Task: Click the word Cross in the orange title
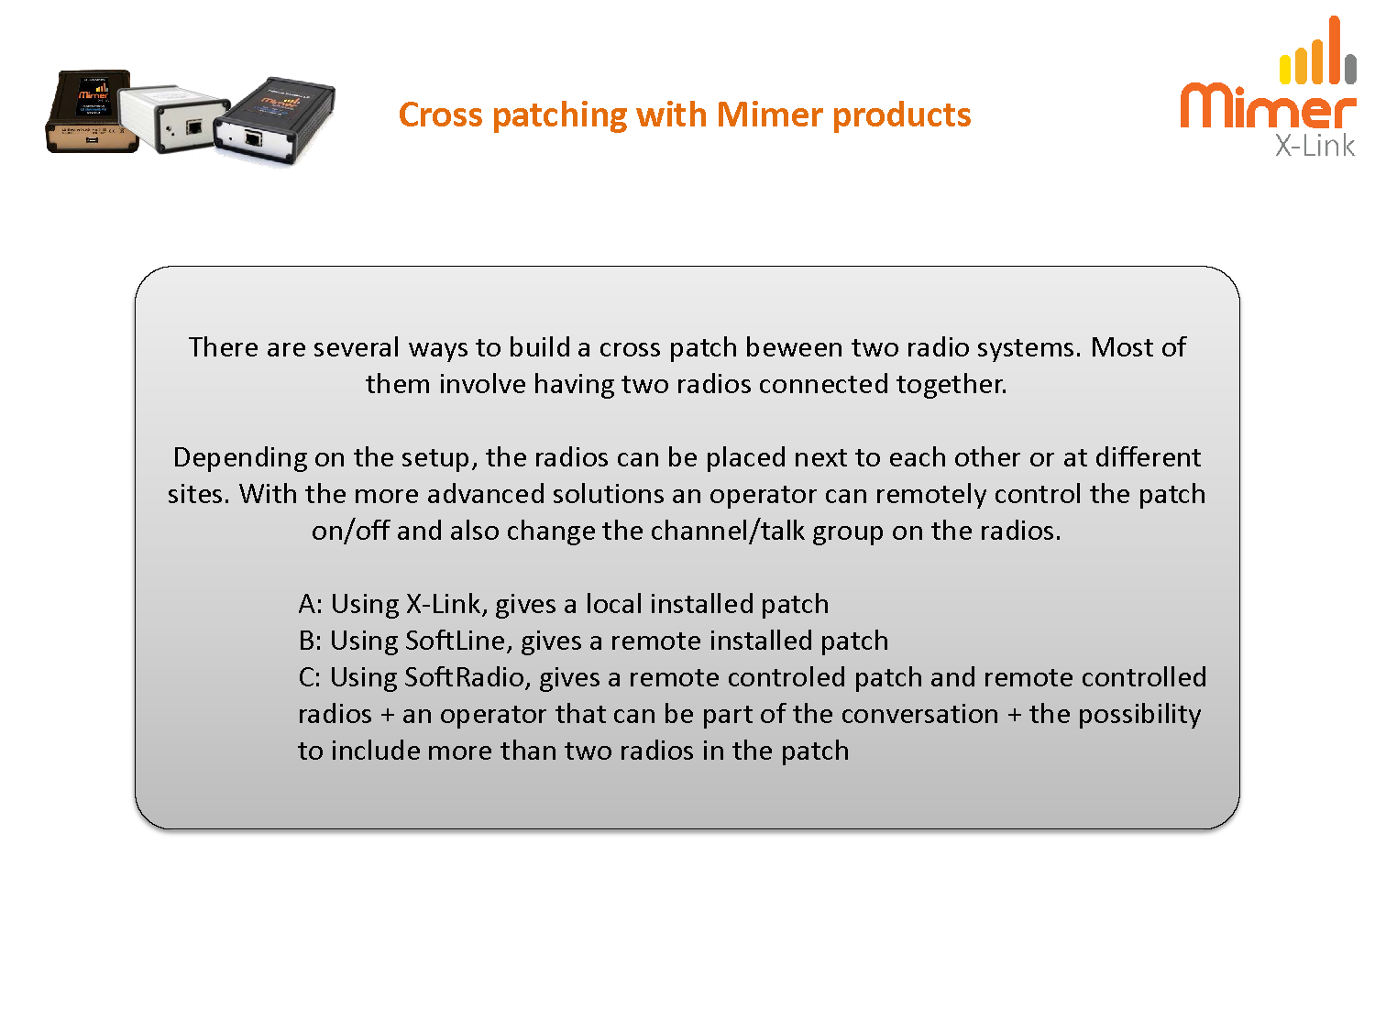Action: [440, 115]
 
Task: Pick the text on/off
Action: [350, 531]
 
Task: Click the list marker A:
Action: [310, 604]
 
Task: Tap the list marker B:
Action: [310, 641]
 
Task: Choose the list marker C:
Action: [310, 677]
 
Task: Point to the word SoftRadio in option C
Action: [467, 677]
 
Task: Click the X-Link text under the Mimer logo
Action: [1314, 146]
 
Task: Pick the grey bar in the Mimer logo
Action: [1350, 70]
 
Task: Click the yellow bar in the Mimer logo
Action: [1285, 70]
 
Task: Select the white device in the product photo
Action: [174, 118]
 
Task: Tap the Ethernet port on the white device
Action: [194, 128]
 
